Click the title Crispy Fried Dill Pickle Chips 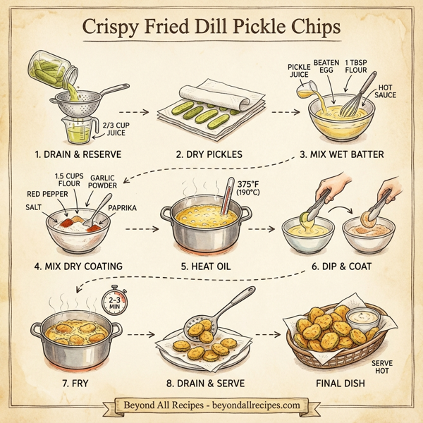pos(211,28)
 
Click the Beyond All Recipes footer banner pos(211,405)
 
